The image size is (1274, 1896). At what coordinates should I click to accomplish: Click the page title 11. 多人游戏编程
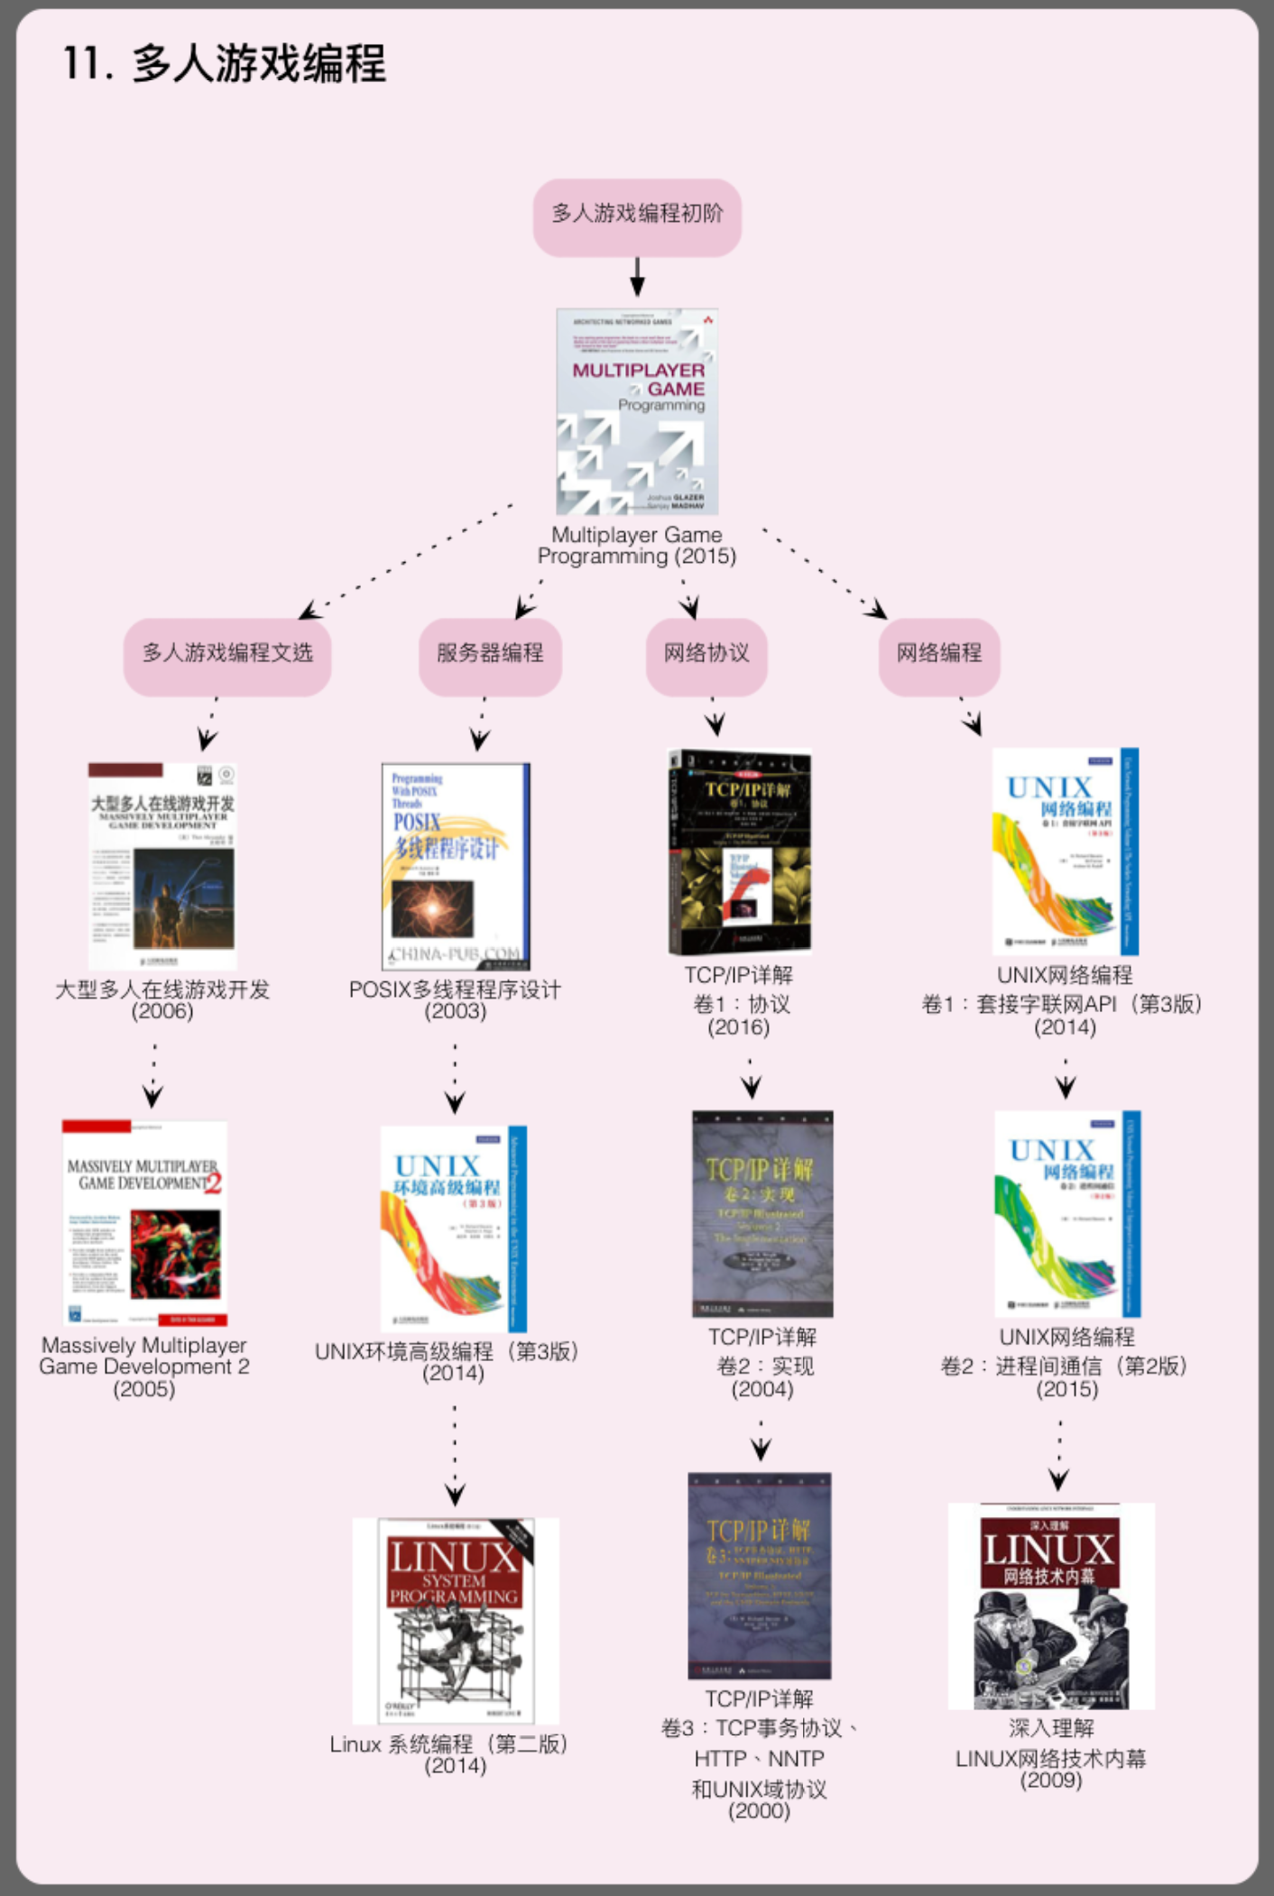225,64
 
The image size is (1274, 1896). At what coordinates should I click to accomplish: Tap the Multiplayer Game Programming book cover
637,411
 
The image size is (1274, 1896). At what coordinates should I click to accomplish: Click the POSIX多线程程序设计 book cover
456,866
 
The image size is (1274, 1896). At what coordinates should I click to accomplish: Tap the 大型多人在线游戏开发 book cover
162,866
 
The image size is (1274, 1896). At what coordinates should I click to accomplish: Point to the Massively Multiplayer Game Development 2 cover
144,1222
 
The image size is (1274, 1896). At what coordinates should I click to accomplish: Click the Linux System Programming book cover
456,1620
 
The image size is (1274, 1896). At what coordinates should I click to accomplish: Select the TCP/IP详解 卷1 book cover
739,851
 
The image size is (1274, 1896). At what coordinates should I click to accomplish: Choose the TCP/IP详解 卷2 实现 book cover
762,1213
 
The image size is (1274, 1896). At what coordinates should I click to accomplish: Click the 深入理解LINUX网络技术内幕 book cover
1051,1606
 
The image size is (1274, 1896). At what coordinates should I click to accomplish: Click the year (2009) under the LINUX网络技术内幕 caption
1051,1780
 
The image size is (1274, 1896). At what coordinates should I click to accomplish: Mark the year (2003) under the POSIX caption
456,1011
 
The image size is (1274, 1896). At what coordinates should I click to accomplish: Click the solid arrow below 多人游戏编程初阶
637,277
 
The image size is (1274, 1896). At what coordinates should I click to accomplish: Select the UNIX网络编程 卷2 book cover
1067,1213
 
